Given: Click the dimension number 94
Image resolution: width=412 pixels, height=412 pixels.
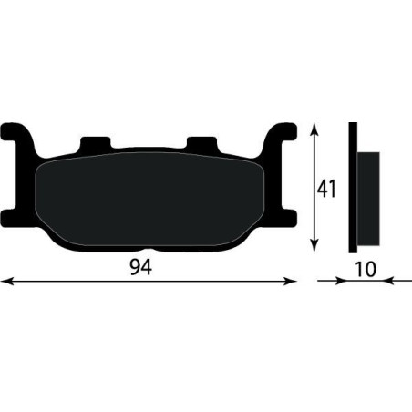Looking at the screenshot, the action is [x=141, y=267].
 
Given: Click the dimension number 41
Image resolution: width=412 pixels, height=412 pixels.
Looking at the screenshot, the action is [x=326, y=189].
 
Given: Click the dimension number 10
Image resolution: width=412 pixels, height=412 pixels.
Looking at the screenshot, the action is [x=366, y=269].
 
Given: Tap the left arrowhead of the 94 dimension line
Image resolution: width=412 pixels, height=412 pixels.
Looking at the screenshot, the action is [x=6, y=282].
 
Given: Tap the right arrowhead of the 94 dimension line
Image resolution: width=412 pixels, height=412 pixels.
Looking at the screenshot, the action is [x=290, y=282].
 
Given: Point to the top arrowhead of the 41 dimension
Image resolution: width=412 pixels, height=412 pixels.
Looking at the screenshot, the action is [x=314, y=129].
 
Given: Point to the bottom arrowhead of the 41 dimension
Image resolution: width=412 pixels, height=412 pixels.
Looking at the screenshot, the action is [x=314, y=246].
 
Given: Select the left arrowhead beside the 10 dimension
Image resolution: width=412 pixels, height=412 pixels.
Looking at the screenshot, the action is [x=341, y=281].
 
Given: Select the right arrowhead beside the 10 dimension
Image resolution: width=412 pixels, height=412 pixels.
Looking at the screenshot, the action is [x=389, y=281].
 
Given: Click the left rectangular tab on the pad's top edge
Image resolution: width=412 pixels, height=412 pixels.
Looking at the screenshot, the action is [x=95, y=144].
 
